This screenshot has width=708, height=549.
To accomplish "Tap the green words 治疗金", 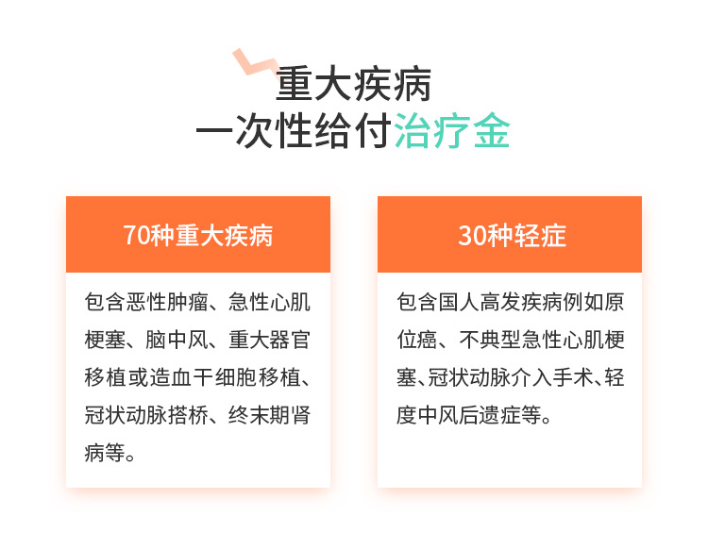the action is point(452,130).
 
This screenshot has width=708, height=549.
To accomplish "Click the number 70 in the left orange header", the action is point(136,235).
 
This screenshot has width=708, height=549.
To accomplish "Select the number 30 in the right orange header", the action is point(471,235).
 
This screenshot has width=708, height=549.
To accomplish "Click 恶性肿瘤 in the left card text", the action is point(167,302).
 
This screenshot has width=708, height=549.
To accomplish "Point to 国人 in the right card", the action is point(459,302).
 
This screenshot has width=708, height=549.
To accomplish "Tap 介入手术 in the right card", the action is point(551,377).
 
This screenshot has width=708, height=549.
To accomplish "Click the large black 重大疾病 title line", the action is point(354,84).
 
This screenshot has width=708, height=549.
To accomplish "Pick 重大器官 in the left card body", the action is point(270,340).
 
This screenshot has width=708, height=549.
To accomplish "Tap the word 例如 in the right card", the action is point(583,302).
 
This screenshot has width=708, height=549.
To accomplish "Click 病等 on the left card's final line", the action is point(105,453).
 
